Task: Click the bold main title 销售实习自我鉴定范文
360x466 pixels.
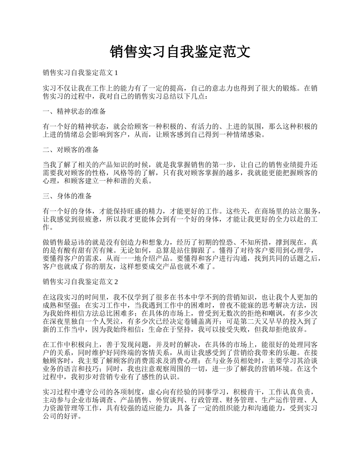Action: [180, 52]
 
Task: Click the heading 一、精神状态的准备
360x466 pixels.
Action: [74, 111]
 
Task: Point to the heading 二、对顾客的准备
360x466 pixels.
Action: [71, 150]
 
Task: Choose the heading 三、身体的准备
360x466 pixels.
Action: [67, 196]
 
